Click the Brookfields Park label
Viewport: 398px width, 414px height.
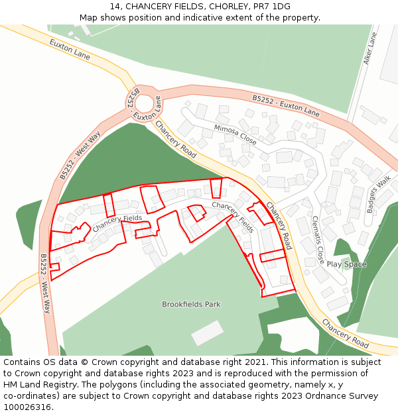click(191, 305)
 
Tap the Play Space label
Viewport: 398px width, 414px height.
click(346, 264)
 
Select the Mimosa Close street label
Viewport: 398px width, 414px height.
click(235, 134)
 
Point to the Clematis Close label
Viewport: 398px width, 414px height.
click(318, 238)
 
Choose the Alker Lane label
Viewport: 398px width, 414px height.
click(369, 48)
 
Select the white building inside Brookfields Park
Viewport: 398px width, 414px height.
click(208, 333)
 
